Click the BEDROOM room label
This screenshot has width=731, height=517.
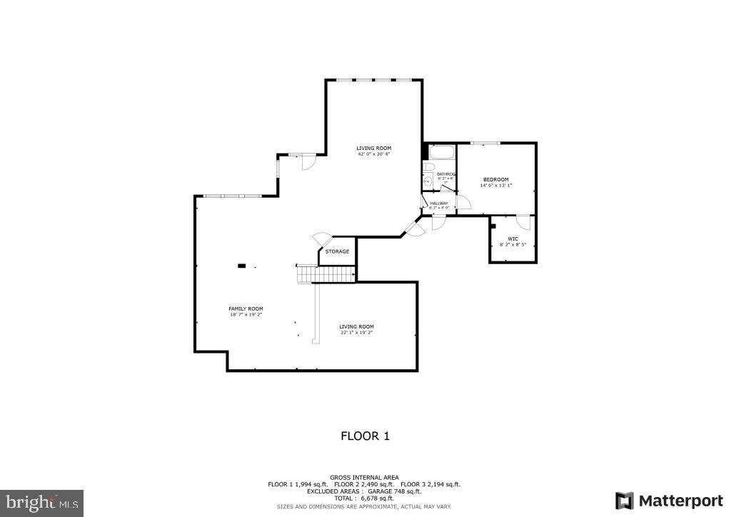(495, 179)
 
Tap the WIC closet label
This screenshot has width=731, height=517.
(513, 239)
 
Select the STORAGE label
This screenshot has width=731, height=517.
(337, 251)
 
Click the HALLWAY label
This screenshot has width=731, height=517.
(439, 204)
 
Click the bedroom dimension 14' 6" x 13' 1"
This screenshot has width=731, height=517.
(496, 186)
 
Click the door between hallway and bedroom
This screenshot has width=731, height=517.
(463, 202)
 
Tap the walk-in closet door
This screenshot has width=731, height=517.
(523, 221)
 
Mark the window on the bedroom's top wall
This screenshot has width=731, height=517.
(488, 144)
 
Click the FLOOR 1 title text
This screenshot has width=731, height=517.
(365, 436)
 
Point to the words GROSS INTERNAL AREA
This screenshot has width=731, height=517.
(364, 477)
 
